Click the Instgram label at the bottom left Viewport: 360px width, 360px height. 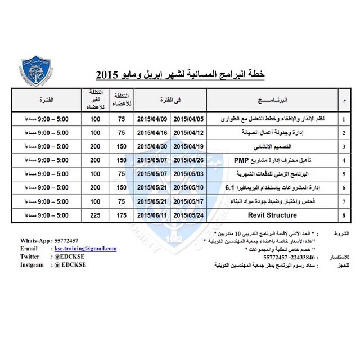tap(35, 264)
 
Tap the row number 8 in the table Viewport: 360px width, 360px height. tap(344, 215)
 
